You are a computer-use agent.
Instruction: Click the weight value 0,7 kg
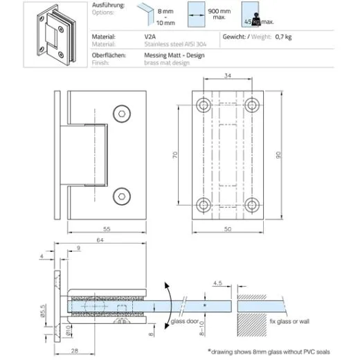[284, 35]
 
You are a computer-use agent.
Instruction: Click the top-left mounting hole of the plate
[204, 105]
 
